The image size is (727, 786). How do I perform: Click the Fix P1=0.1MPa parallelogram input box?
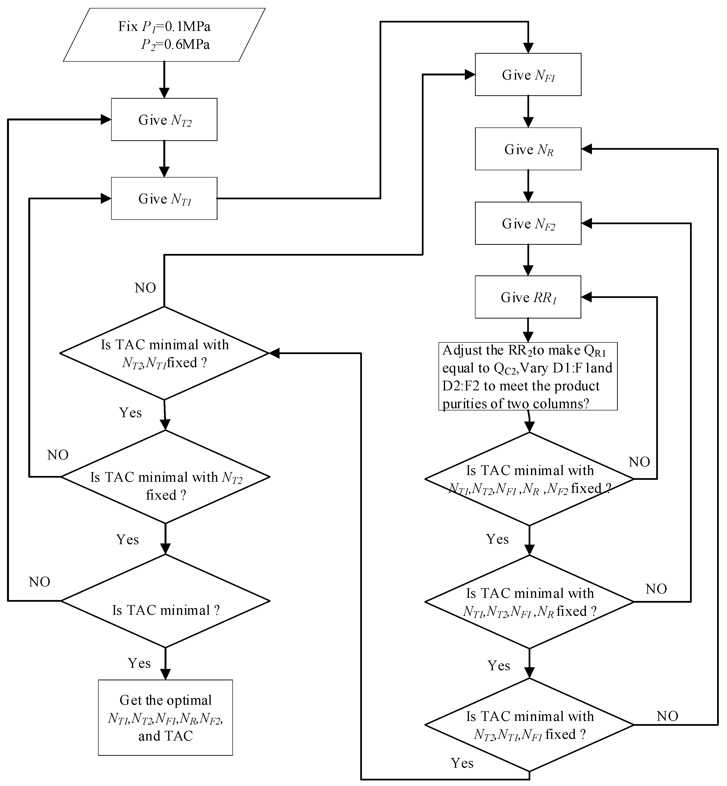click(164, 35)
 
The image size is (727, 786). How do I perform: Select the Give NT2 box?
click(164, 119)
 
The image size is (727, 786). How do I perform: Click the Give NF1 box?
click(528, 74)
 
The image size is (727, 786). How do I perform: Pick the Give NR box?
click(528, 149)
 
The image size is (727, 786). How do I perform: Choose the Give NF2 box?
click(528, 223)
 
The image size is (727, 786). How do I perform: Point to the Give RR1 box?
click(528, 297)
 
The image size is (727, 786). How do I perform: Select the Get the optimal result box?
click(165, 718)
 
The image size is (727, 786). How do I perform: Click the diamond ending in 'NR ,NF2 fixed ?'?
click(530, 479)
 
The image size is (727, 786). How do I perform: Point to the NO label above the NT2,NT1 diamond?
click(145, 288)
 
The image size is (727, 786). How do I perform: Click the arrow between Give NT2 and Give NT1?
click(164, 159)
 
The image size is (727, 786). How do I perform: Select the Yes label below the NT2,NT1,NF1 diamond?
click(462, 763)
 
